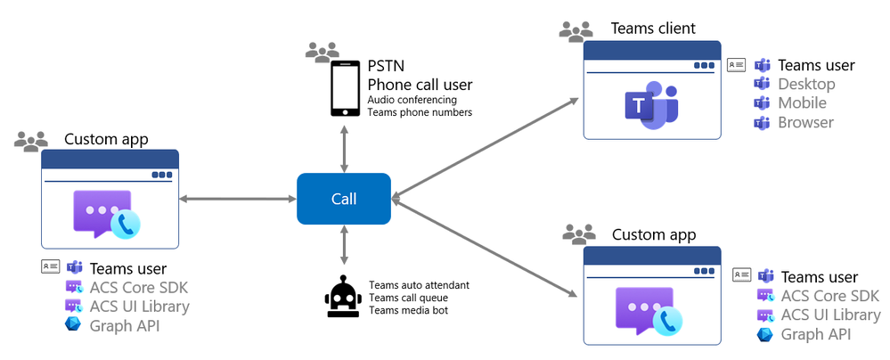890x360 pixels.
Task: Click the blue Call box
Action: (344, 199)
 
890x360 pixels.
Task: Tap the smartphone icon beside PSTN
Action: (344, 88)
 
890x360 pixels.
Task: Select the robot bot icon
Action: (343, 298)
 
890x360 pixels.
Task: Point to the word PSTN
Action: (388, 66)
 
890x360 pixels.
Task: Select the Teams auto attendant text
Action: (419, 285)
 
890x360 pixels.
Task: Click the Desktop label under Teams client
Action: (806, 84)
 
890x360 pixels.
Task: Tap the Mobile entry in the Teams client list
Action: (802, 103)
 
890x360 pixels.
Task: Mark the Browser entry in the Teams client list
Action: (805, 122)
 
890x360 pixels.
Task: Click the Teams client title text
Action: (653, 28)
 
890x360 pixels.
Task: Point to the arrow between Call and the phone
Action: (344, 147)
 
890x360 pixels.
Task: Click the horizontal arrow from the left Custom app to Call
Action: (237, 199)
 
